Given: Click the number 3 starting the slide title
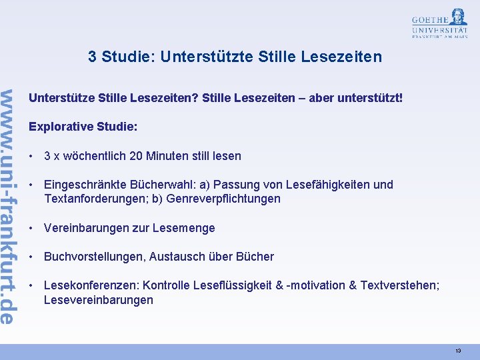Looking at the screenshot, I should click(x=92, y=57).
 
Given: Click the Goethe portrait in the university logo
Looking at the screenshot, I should click(x=459, y=16).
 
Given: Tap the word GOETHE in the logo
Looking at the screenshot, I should click(x=431, y=19).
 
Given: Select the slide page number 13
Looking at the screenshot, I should click(x=458, y=351).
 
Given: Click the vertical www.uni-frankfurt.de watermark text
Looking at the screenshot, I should click(x=8, y=207).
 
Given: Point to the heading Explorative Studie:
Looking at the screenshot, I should click(x=83, y=126).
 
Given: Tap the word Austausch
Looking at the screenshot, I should click(x=175, y=257).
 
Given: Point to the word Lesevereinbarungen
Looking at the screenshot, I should click(x=98, y=300).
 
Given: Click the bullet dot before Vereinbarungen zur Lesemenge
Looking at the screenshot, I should click(x=32, y=228).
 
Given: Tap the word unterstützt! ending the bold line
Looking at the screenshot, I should click(x=371, y=98).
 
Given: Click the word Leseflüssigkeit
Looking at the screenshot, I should click(x=233, y=285).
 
